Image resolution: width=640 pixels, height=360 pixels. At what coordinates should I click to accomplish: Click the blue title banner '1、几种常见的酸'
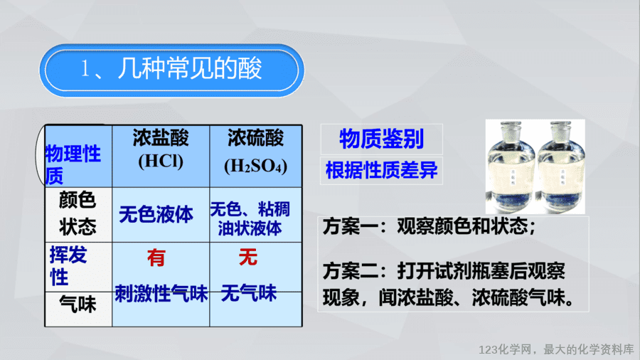(x=172, y=70)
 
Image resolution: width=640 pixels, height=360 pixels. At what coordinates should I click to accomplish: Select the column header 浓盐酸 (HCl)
(x=161, y=149)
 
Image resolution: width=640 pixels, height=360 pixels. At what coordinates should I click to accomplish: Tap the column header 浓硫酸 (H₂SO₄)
(x=256, y=152)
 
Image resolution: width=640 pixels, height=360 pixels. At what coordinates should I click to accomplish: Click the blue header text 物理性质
(x=73, y=164)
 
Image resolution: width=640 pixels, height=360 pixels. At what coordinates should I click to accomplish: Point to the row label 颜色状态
(x=78, y=213)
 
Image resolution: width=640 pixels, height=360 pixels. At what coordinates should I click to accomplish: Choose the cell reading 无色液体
(x=156, y=215)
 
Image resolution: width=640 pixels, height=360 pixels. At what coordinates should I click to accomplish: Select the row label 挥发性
(x=68, y=266)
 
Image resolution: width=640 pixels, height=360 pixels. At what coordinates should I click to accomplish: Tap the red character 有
(x=156, y=258)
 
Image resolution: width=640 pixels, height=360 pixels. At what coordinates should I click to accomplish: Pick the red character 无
(x=248, y=257)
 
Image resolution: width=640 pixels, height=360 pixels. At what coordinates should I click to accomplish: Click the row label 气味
(x=78, y=305)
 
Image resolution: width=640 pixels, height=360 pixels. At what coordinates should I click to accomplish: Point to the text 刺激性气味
(x=161, y=293)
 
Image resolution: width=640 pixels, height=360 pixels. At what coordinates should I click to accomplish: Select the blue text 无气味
(x=249, y=293)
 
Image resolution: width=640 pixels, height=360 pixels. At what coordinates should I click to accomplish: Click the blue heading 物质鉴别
(x=382, y=139)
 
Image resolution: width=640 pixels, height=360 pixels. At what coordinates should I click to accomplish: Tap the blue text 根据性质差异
(x=382, y=170)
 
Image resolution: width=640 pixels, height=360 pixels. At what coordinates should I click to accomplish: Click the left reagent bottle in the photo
(x=511, y=167)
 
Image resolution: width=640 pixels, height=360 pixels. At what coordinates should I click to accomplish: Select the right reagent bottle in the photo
(x=561, y=167)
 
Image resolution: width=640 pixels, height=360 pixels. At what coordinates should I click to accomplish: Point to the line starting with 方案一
(x=430, y=226)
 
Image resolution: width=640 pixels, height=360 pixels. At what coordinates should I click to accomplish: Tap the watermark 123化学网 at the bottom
(x=506, y=350)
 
